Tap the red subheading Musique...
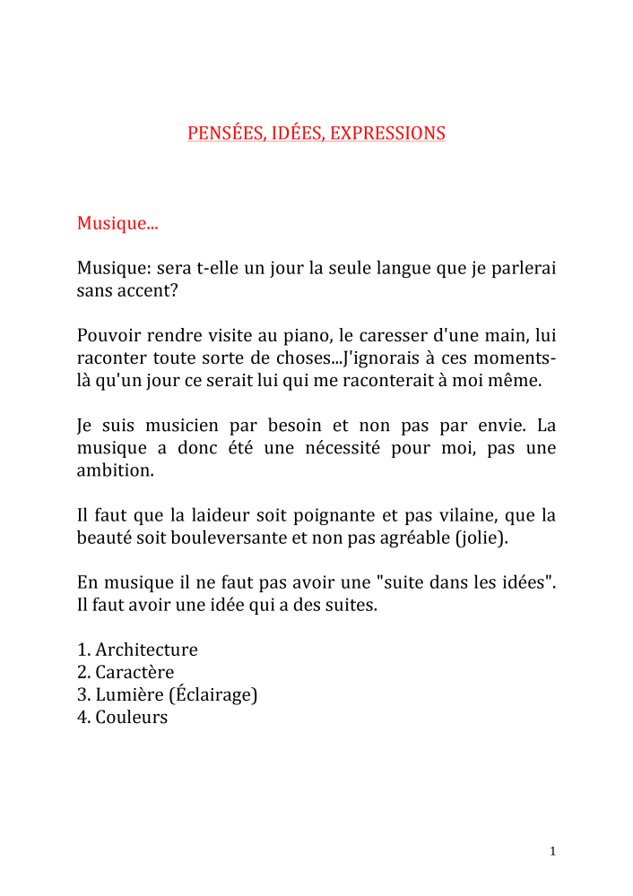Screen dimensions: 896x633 point(117,223)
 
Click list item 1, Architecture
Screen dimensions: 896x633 point(146,650)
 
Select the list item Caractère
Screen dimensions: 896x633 point(134,672)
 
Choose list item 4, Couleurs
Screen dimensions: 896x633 point(132,717)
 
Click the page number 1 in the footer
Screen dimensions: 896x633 point(553,851)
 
